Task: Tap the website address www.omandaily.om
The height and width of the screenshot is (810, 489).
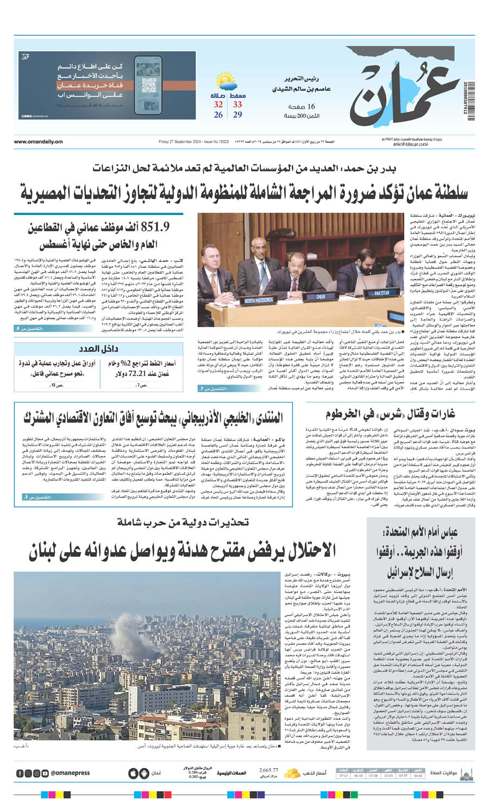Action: (x=38, y=142)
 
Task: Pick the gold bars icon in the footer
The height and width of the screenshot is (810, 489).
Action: (x=293, y=773)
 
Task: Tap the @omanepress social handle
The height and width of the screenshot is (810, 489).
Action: (x=70, y=773)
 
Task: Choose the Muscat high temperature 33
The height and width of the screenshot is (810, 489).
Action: (x=237, y=104)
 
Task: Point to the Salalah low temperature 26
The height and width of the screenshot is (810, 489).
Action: (x=218, y=115)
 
